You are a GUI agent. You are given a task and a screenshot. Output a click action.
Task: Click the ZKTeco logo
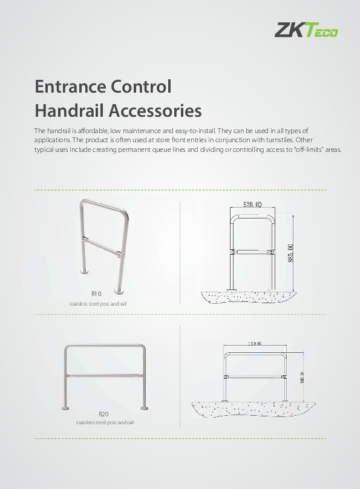(x=307, y=30)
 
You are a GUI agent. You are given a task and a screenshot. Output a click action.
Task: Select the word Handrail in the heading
(x=67, y=111)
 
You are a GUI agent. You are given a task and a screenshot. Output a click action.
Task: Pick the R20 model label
(x=103, y=414)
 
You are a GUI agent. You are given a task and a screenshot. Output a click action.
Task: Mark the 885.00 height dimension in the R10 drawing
(x=291, y=252)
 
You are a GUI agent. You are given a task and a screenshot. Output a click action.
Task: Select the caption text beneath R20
(x=105, y=422)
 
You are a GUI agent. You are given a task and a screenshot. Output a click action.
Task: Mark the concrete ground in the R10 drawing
(x=248, y=297)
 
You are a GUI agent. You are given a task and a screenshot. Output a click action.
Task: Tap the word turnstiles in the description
(x=281, y=139)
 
